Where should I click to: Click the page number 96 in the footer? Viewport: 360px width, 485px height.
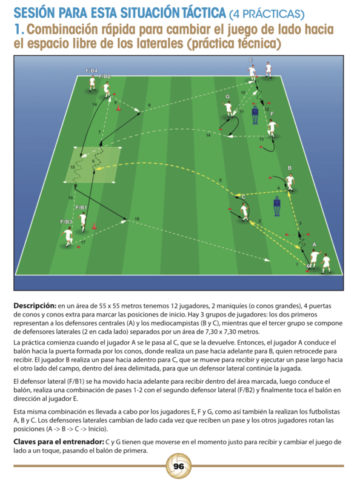pos(179,466)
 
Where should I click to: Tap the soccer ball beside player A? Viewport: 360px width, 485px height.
pos(308,266)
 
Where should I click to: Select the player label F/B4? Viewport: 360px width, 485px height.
pos(92,71)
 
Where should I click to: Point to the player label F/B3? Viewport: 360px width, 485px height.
pos(66,222)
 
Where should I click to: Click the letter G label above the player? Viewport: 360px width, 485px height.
pos(228,96)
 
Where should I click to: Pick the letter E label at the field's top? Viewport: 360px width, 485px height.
pos(251,60)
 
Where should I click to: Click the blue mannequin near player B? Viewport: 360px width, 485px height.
pos(277,206)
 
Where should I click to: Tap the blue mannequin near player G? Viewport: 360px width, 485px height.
pos(255,115)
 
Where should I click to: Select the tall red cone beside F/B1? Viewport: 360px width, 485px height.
pos(94,226)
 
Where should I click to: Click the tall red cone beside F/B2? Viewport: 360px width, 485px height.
pos(118,107)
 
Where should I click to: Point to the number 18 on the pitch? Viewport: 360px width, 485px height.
pos(137,219)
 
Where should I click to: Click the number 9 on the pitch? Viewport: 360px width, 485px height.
pos(149,105)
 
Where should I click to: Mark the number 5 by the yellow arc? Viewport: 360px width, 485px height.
pos(220,180)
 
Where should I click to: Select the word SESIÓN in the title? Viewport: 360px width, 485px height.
pos(35,13)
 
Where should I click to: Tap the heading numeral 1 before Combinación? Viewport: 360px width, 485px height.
pos(18,29)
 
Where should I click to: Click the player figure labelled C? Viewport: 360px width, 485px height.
pos(245,212)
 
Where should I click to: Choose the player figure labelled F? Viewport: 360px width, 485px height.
pos(273,129)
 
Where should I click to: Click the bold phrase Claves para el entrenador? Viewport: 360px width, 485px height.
pos(59,442)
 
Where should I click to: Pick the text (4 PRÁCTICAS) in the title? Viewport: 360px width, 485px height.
pos(267,14)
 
